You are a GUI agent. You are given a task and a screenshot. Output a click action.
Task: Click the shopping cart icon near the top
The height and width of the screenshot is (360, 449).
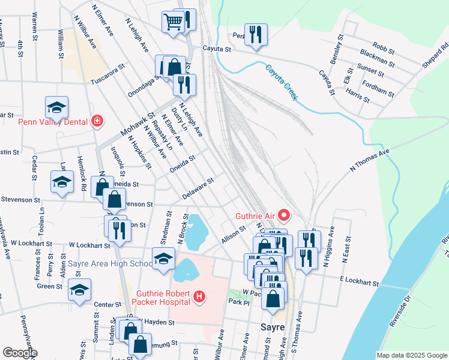pos(173,22)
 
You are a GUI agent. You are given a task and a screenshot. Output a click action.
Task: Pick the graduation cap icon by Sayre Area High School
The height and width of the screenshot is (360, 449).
pos(163,259)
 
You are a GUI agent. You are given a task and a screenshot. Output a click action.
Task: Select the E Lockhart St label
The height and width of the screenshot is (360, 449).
pos(358,281)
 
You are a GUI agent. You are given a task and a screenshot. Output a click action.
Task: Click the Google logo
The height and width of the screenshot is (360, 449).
pos(20,353)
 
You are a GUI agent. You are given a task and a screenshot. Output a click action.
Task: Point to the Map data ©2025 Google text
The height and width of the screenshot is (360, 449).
pos(412,355)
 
